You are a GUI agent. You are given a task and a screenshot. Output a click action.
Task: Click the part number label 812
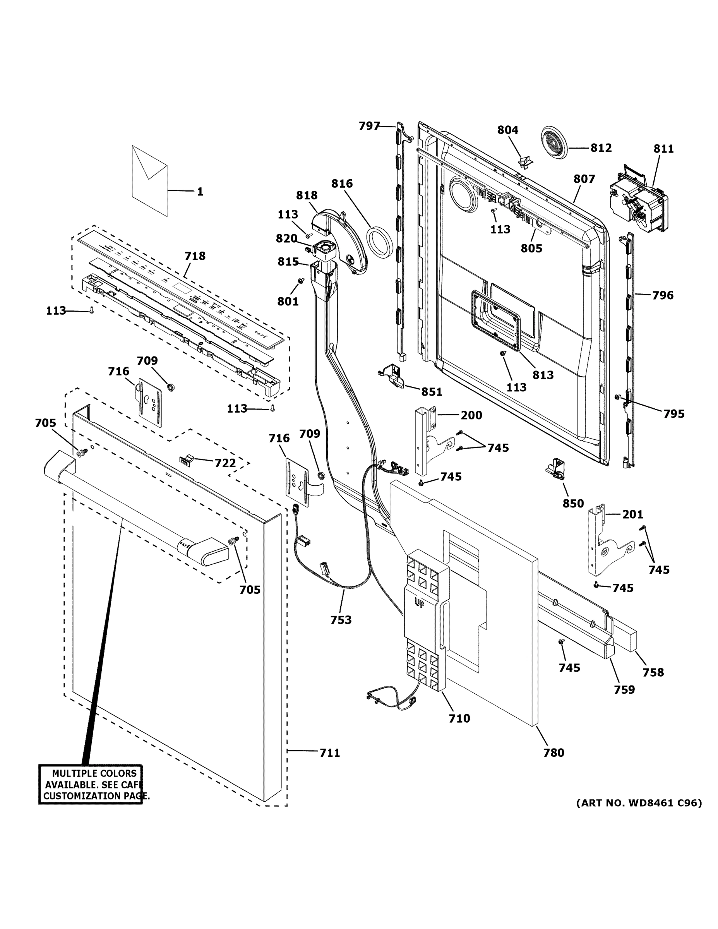pyautogui.click(x=601, y=147)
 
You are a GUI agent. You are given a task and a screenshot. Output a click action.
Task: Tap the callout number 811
pyautogui.click(x=663, y=149)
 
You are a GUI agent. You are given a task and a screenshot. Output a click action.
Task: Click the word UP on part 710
pyautogui.click(x=419, y=603)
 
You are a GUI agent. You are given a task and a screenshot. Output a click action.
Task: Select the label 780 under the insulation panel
pyautogui.click(x=553, y=752)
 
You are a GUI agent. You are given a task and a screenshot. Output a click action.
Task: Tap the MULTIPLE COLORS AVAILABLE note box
pyautogui.click(x=91, y=785)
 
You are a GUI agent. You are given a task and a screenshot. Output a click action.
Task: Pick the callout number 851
pyautogui.click(x=432, y=392)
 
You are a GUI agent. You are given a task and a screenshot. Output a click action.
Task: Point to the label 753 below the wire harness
pyautogui.click(x=341, y=620)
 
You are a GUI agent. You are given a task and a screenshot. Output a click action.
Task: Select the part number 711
pyautogui.click(x=330, y=753)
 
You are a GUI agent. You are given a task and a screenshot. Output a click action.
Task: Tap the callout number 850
pyautogui.click(x=573, y=503)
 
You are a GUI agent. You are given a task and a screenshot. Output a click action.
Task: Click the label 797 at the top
pyautogui.click(x=369, y=125)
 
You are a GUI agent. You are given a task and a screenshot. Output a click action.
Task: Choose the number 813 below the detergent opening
pyautogui.click(x=543, y=375)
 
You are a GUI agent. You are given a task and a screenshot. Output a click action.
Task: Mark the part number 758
pyautogui.click(x=653, y=672)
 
